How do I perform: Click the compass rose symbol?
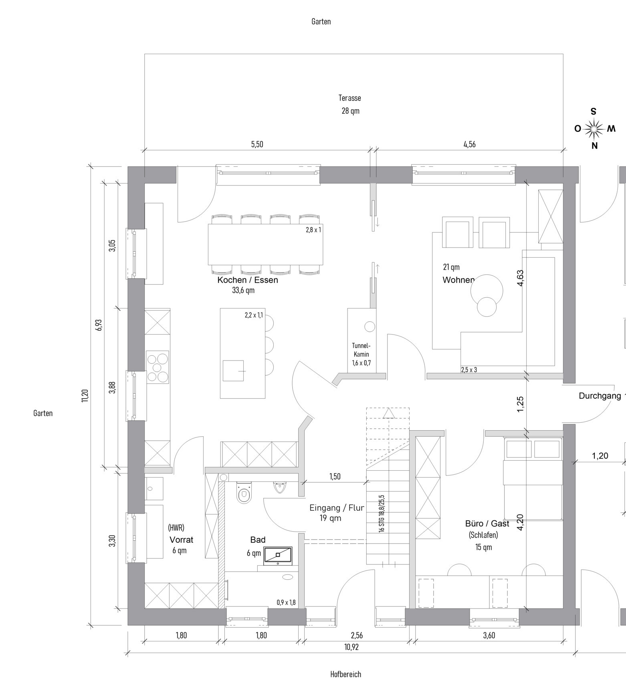(594, 129)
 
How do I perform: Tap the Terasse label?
(350, 98)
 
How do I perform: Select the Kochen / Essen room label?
(248, 280)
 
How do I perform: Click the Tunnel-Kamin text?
(361, 349)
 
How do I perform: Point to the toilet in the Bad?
(244, 492)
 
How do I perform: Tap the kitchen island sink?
(233, 371)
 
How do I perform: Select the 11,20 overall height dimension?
(85, 395)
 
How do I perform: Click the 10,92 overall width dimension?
(351, 647)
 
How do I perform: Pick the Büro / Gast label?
(487, 523)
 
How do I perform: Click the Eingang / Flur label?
(337, 508)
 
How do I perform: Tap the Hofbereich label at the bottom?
(346, 674)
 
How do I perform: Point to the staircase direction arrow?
(388, 413)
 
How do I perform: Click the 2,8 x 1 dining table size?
(313, 230)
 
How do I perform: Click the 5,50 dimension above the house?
(257, 144)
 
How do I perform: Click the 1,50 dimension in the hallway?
(335, 476)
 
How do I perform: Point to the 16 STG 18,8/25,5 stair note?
(381, 513)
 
